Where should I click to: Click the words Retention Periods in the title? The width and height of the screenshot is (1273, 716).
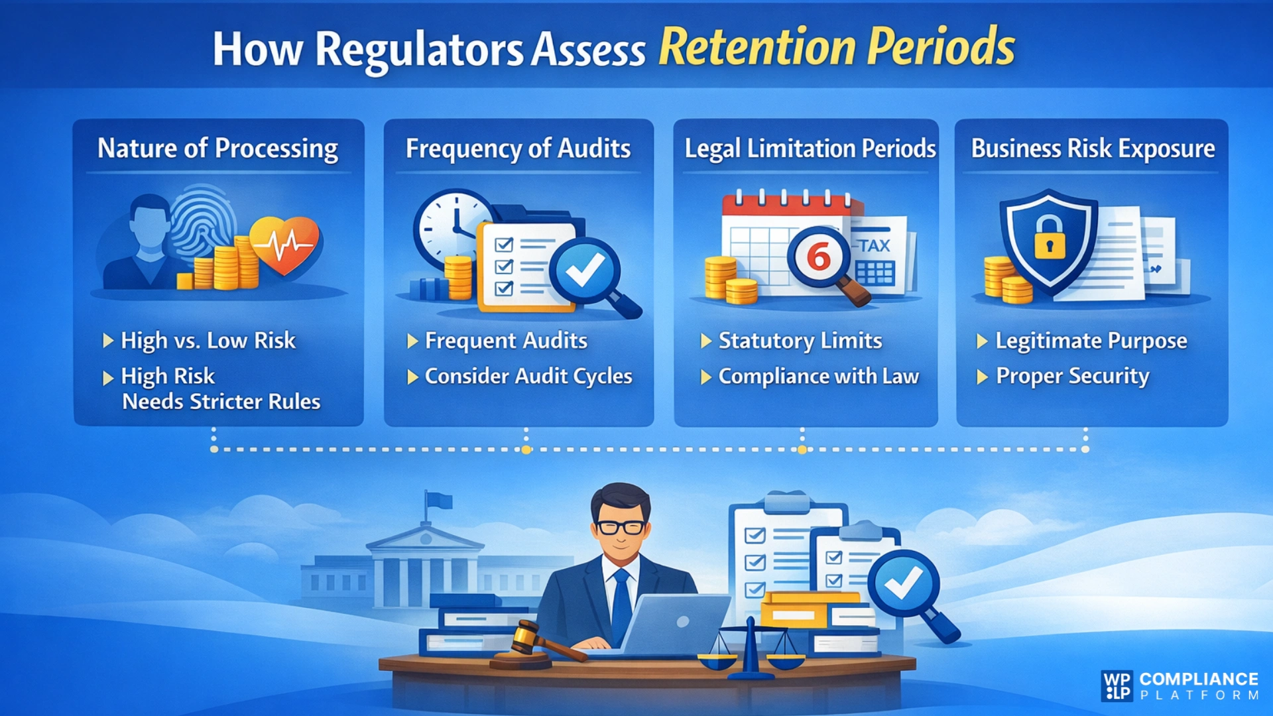click(836, 48)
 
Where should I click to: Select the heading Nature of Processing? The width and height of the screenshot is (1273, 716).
click(217, 149)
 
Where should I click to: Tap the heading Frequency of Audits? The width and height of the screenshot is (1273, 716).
click(518, 149)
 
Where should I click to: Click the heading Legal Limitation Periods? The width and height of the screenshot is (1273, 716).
click(810, 149)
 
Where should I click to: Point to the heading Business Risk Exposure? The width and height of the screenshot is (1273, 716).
click(1093, 149)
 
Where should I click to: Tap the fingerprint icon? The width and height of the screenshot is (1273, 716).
click(202, 222)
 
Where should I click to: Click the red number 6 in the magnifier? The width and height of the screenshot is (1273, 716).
click(818, 257)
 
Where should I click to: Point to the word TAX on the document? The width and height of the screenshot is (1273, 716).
click(875, 245)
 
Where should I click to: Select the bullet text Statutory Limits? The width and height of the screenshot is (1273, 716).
click(800, 341)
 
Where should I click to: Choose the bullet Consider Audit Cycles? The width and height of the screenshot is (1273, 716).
click(528, 377)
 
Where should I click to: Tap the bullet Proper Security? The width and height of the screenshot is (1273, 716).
click(1072, 377)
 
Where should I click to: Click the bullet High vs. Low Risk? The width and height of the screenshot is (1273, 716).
click(208, 341)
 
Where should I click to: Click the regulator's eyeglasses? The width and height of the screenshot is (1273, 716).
click(621, 528)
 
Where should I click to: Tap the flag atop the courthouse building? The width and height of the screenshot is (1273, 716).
click(438, 500)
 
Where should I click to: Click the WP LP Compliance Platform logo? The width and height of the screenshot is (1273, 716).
click(1180, 686)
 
